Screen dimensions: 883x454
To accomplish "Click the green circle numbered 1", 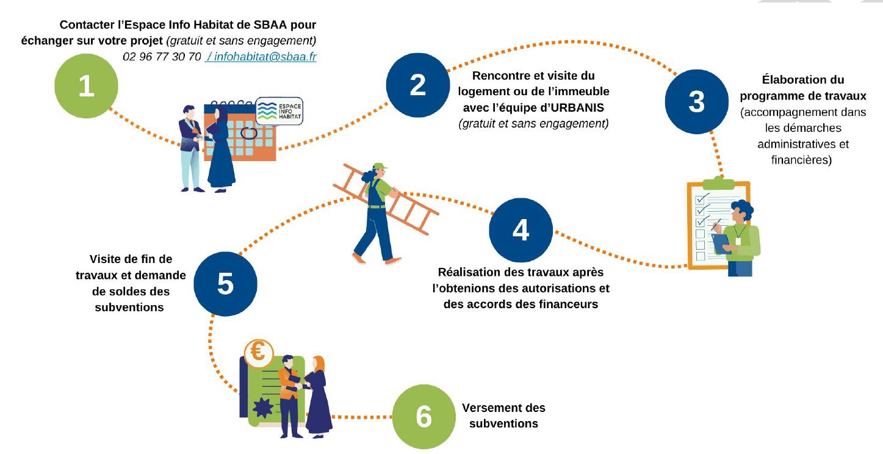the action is [x=86, y=85].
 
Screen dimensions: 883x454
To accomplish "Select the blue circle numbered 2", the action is [x=418, y=85].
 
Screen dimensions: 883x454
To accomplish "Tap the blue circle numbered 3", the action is [x=696, y=102].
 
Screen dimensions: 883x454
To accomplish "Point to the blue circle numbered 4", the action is [x=521, y=230].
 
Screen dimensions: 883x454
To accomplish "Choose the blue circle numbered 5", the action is [x=226, y=284].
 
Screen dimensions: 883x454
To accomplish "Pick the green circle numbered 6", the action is [x=424, y=417].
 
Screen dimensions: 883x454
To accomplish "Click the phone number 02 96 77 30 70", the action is [x=162, y=57].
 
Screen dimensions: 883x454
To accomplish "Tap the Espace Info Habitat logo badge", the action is [x=279, y=111].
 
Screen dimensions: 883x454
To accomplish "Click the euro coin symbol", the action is [x=259, y=351].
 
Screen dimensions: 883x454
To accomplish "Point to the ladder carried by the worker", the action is [x=386, y=200].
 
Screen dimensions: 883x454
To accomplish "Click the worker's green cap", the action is [x=379, y=166].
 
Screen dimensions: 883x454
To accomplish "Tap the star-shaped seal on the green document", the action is [x=263, y=408].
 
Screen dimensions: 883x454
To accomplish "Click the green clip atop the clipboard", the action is [x=718, y=182].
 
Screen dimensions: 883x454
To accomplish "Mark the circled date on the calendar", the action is [x=249, y=132].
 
